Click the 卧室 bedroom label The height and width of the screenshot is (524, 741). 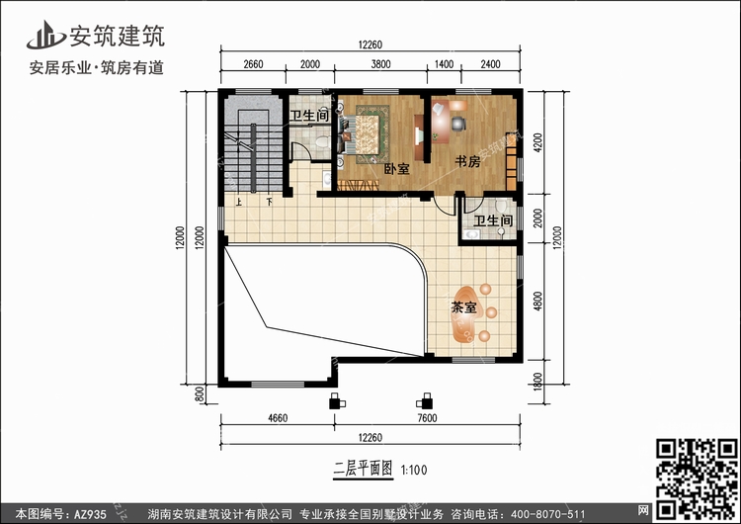click(396, 168)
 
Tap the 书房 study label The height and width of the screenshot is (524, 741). click(467, 162)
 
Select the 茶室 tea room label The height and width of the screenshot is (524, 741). click(463, 307)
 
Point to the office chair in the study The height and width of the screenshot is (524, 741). click(458, 124)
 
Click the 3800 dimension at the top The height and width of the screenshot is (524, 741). click(380, 64)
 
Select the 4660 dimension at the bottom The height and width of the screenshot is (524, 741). click(278, 418)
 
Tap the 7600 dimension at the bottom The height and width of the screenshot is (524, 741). click(427, 418)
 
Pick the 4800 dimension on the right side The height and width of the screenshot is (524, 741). click(537, 301)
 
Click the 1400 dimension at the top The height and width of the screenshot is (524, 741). click(444, 64)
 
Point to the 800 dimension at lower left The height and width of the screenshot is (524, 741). click(200, 394)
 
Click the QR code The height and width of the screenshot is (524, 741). click(698, 479)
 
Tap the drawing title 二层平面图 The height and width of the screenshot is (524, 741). click(363, 470)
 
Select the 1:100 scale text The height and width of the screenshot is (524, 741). click(414, 470)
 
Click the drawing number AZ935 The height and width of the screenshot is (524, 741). click(90, 513)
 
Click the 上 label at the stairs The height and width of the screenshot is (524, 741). click(239, 202)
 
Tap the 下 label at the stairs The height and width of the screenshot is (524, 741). click(269, 202)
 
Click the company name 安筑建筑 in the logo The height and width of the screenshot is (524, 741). click(118, 36)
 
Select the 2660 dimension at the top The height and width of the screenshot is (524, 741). click(253, 64)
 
